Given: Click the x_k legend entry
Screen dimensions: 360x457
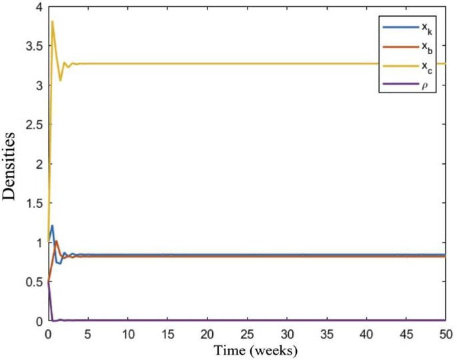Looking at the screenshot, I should (408, 28).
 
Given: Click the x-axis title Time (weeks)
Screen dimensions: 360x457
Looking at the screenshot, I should (247, 349).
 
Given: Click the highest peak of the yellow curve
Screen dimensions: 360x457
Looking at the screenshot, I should (52, 21).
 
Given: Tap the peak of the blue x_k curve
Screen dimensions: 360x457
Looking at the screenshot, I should (52, 225).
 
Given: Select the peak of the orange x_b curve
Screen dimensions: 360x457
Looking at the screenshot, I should (57, 241).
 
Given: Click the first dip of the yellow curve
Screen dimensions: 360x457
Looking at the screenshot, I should (61, 80).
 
